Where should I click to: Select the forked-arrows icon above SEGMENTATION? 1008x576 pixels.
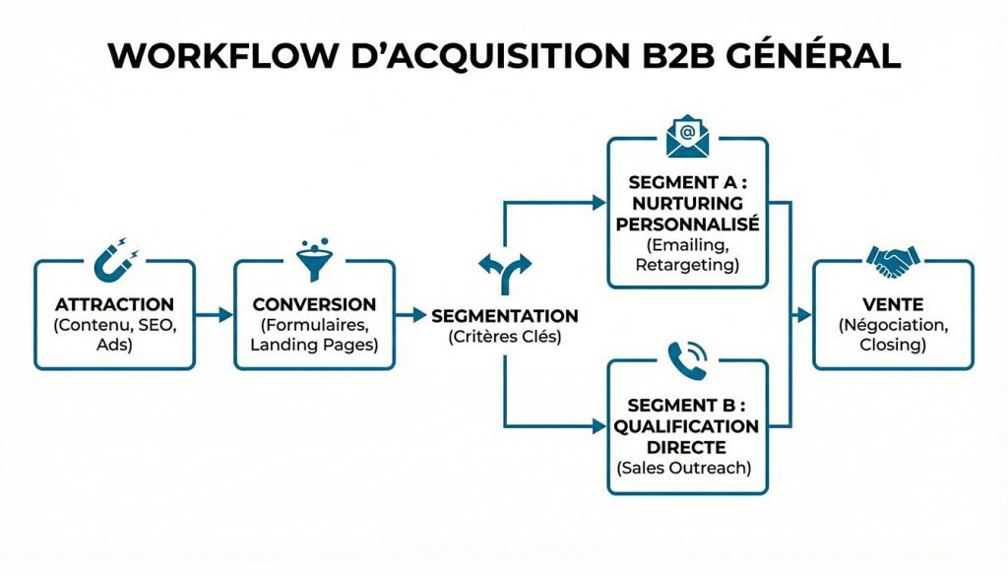(x=504, y=272)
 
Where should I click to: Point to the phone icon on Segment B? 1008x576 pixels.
(x=687, y=361)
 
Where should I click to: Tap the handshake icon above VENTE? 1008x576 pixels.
(x=893, y=261)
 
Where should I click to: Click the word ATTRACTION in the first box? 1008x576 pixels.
(x=114, y=304)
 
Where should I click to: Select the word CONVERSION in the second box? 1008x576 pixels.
(x=314, y=304)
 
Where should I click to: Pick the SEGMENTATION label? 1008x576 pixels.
(x=505, y=316)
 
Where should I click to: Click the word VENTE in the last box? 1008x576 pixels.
(x=893, y=304)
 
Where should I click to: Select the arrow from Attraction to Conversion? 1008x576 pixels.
(x=215, y=315)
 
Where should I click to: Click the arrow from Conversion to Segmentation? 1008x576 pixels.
(x=412, y=315)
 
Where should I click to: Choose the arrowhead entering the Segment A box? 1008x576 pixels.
(x=599, y=203)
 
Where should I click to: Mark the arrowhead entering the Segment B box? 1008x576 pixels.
(x=599, y=426)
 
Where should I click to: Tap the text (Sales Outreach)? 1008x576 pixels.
(x=686, y=468)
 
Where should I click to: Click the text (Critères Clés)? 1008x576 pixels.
(x=505, y=338)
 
